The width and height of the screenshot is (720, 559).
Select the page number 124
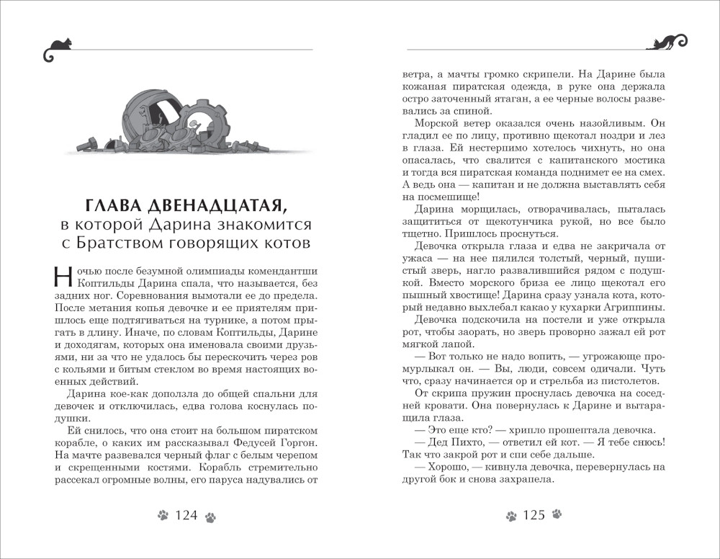(186, 515)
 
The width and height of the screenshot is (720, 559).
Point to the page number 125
(534, 515)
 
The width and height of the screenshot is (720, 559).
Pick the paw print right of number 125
(557, 516)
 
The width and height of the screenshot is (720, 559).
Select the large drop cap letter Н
(63, 277)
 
